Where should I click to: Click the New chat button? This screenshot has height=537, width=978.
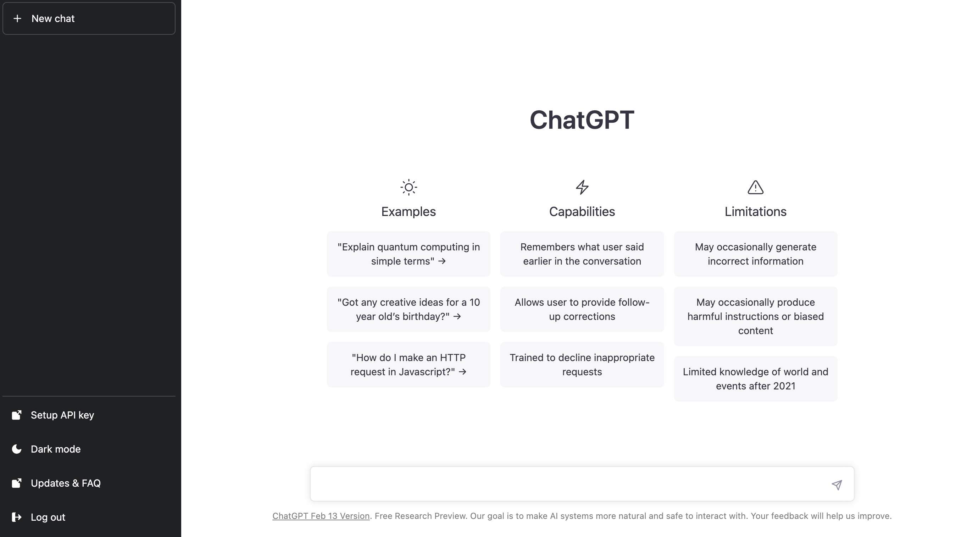(x=89, y=18)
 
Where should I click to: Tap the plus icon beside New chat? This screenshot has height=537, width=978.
(x=17, y=18)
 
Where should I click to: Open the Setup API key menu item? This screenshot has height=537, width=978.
(x=62, y=415)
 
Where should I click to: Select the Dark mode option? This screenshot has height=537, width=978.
(x=55, y=449)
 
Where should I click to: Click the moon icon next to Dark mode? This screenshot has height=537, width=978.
(x=17, y=449)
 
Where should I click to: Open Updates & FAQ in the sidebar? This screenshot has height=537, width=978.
(x=65, y=483)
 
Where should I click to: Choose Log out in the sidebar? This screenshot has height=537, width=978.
(x=48, y=517)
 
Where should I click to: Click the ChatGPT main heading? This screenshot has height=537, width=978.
(x=582, y=120)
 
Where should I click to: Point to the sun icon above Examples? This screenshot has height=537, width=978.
(x=409, y=187)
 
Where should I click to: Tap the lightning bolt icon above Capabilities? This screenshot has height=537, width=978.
(x=582, y=187)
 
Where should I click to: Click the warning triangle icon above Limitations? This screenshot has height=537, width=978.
(x=756, y=187)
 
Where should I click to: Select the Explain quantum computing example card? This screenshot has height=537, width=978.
(x=409, y=254)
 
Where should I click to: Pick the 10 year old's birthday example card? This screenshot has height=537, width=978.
(x=409, y=310)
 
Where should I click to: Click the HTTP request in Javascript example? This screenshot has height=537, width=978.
(x=409, y=365)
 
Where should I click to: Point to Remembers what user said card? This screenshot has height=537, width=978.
(x=582, y=254)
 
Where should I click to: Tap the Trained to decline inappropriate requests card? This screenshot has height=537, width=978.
(x=582, y=365)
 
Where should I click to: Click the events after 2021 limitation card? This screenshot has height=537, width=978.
(x=756, y=379)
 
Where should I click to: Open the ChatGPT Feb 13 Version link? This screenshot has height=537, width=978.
(x=321, y=516)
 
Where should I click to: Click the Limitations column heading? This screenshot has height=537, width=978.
(x=756, y=211)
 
